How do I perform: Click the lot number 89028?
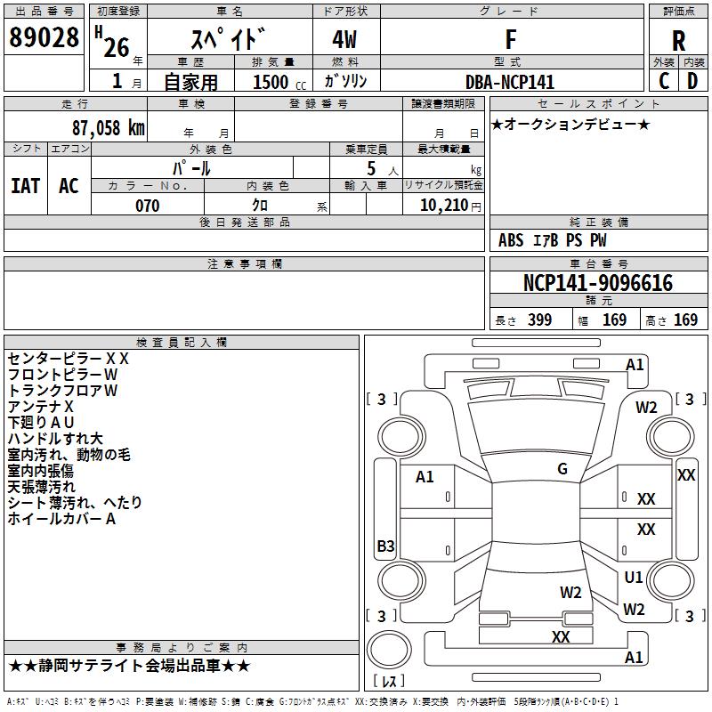tap(44, 39)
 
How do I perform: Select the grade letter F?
tap(510, 39)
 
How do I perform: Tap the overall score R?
tap(678, 41)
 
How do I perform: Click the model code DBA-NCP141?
tap(510, 82)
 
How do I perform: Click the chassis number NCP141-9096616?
tap(597, 283)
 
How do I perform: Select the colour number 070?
tap(147, 206)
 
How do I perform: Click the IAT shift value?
tap(25, 186)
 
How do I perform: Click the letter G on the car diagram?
tap(562, 469)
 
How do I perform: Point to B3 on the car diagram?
tap(385, 546)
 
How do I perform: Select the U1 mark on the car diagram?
tap(634, 578)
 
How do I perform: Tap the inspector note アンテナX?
tap(41, 406)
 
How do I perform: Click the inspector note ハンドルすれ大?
tap(55, 438)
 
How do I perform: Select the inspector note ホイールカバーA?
tap(61, 519)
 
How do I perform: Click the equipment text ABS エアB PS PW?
tap(553, 240)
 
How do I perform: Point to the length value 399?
tap(539, 320)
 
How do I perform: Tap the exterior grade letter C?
tap(664, 81)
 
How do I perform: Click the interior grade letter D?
tap(692, 81)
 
